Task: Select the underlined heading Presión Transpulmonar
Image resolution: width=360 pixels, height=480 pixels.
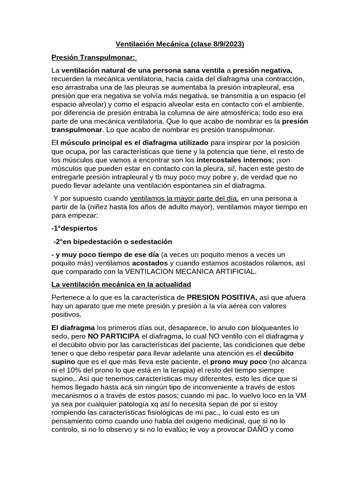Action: point(93,57)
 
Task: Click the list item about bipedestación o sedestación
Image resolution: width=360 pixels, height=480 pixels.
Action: point(112,242)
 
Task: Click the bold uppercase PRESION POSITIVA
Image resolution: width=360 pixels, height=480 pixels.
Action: point(222,297)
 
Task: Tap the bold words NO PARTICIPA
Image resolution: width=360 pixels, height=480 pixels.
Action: point(112,336)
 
